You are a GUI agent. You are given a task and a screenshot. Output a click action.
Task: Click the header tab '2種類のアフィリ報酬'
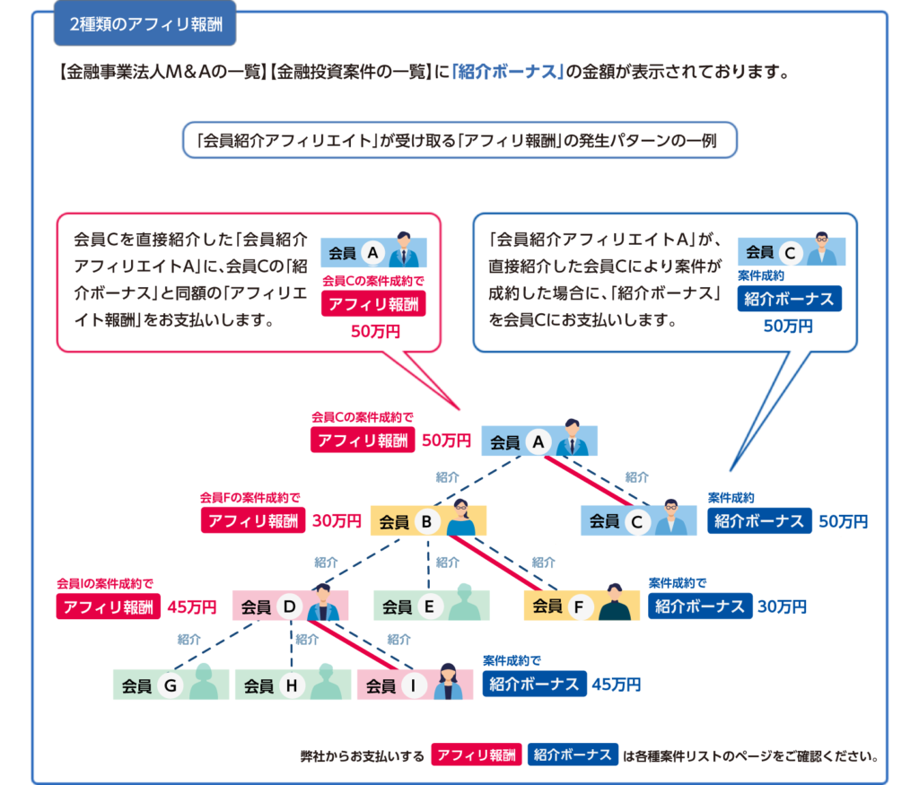(144, 23)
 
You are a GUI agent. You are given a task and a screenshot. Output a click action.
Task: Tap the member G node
(171, 685)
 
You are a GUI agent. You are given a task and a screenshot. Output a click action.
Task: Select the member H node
(293, 685)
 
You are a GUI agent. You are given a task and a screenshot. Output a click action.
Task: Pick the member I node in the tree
(415, 685)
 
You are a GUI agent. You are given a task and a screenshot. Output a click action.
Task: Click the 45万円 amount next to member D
(192, 606)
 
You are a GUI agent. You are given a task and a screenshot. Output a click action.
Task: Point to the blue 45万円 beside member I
(616, 685)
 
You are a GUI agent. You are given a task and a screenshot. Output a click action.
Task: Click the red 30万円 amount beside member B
(337, 521)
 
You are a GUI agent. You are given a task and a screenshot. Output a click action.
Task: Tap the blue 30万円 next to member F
(782, 606)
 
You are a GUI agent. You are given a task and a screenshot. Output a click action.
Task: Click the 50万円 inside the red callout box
(375, 332)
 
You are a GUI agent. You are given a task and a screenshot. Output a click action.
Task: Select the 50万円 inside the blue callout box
(788, 326)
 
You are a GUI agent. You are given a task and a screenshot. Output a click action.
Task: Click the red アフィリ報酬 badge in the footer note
(476, 754)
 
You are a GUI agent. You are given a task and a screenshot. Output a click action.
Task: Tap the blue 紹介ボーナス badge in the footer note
(573, 754)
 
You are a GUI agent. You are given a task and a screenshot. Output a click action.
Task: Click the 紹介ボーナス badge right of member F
(700, 606)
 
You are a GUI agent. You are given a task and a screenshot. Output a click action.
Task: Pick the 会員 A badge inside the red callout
(373, 252)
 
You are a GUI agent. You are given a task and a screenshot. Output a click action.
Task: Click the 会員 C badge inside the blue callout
(792, 251)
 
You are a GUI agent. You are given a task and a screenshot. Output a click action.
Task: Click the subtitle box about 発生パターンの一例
(459, 140)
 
